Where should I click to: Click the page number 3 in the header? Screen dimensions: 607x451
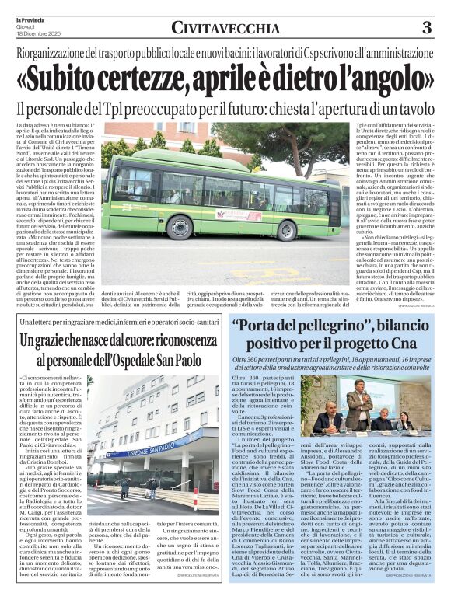(x=426, y=28)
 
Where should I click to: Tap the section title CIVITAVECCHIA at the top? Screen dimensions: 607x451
(x=226, y=29)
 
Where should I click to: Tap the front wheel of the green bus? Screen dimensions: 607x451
(x=180, y=226)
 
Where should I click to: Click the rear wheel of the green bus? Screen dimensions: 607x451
(x=286, y=230)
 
